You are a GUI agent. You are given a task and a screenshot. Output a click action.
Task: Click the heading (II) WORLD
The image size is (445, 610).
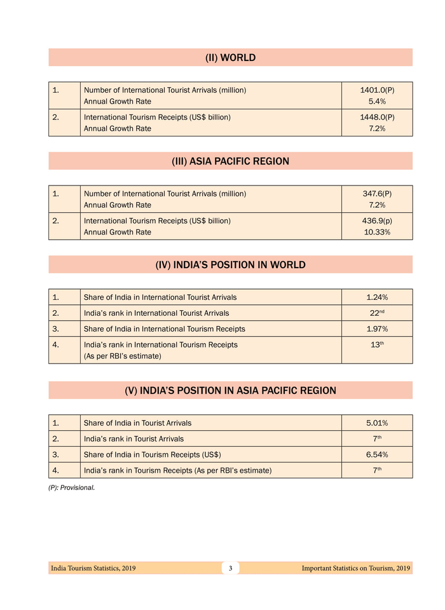click(x=230, y=58)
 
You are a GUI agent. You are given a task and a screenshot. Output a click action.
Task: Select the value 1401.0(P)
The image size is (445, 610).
click(x=377, y=90)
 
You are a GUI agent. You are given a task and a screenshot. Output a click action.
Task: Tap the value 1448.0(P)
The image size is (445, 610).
click(x=377, y=118)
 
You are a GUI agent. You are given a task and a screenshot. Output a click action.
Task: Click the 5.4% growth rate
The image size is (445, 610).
click(x=377, y=101)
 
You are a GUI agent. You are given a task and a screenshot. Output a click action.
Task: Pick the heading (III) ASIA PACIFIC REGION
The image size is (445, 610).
click(x=230, y=161)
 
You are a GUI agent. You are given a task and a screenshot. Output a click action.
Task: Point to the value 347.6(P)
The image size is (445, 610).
click(x=377, y=194)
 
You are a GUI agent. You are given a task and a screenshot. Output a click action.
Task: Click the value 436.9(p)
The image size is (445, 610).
click(x=377, y=220)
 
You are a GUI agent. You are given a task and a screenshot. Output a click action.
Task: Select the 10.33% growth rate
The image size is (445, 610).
click(x=377, y=232)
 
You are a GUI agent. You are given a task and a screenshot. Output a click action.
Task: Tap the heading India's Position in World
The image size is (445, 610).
click(x=230, y=265)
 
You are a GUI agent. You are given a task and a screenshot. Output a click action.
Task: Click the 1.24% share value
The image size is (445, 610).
click(x=377, y=297)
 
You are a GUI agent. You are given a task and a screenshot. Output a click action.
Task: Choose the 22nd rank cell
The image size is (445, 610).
click(x=377, y=313)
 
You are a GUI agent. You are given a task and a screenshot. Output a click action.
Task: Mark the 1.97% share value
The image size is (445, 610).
click(x=377, y=329)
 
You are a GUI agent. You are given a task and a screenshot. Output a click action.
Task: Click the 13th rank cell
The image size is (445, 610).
click(x=377, y=344)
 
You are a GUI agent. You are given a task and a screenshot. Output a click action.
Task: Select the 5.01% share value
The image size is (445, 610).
click(x=377, y=423)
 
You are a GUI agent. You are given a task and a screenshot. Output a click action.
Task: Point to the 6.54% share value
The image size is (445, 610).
click(x=377, y=454)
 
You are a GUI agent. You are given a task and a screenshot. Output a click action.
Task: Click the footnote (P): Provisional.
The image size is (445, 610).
click(x=71, y=488)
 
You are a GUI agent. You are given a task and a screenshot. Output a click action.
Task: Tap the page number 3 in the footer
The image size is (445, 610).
click(x=230, y=568)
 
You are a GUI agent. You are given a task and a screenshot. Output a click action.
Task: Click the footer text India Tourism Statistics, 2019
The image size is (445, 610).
click(x=93, y=568)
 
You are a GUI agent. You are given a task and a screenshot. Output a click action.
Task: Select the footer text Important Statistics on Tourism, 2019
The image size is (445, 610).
click(x=355, y=568)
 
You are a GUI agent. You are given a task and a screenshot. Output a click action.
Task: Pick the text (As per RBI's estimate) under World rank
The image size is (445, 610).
click(x=122, y=356)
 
